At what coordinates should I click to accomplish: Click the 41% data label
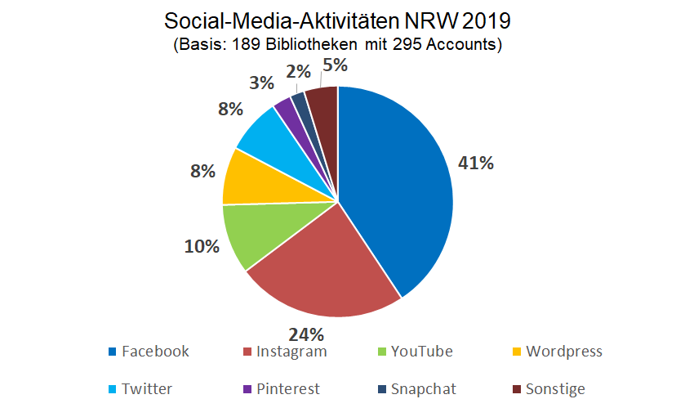click(x=476, y=163)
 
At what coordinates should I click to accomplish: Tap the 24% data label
click(x=307, y=334)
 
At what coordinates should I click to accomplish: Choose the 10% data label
click(x=201, y=245)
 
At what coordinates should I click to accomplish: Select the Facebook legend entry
click(x=155, y=352)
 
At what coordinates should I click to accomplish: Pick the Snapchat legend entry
click(x=423, y=389)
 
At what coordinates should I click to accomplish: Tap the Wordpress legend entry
click(x=564, y=352)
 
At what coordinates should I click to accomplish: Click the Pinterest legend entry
click(x=288, y=389)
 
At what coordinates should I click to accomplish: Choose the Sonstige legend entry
click(x=555, y=389)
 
